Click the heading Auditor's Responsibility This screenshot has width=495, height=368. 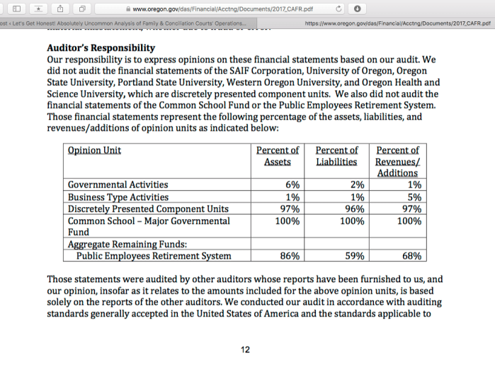[100, 48]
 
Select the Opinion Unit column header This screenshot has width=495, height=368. [94, 150]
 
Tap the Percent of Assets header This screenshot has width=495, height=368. [277, 156]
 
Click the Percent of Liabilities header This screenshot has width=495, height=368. [336, 156]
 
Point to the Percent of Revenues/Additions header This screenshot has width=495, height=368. [397, 162]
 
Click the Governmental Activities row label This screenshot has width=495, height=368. [118, 185]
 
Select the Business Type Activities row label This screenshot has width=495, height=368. [118, 197]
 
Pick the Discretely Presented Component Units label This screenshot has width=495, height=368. [148, 209]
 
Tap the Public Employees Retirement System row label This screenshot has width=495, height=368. [154, 256]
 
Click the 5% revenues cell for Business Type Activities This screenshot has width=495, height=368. [415, 197]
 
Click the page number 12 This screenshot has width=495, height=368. [246, 350]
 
